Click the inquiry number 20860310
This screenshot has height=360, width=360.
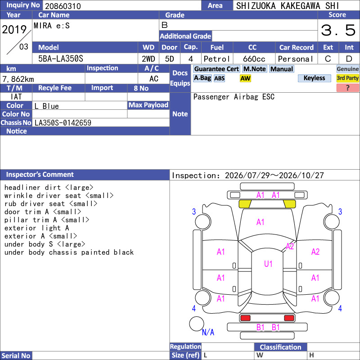tap(63, 6)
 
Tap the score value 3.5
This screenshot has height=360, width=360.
tap(338, 30)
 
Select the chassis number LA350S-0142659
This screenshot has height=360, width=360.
tap(63, 123)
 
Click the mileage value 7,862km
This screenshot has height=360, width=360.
tap(18, 79)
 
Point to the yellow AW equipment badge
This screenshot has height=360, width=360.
tap(245, 78)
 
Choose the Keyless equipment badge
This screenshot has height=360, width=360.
tap(314, 78)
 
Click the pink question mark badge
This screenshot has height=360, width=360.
tap(347, 88)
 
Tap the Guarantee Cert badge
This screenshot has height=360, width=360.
tap(216, 69)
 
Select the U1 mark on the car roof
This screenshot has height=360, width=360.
tap(268, 264)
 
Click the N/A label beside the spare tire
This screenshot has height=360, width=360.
tap(208, 332)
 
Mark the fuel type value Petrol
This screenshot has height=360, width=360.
tap(216, 59)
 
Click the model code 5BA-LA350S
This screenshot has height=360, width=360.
tap(61, 59)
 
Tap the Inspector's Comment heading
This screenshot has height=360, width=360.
tap(40, 175)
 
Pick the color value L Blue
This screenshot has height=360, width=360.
tap(47, 106)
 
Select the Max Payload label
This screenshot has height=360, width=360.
tap(148, 105)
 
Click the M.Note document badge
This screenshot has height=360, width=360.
tap(255, 69)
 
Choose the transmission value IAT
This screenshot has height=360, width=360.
tap(16, 97)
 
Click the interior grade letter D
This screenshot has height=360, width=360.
tap(349, 59)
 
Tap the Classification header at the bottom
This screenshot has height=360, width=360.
tap(280, 347)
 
